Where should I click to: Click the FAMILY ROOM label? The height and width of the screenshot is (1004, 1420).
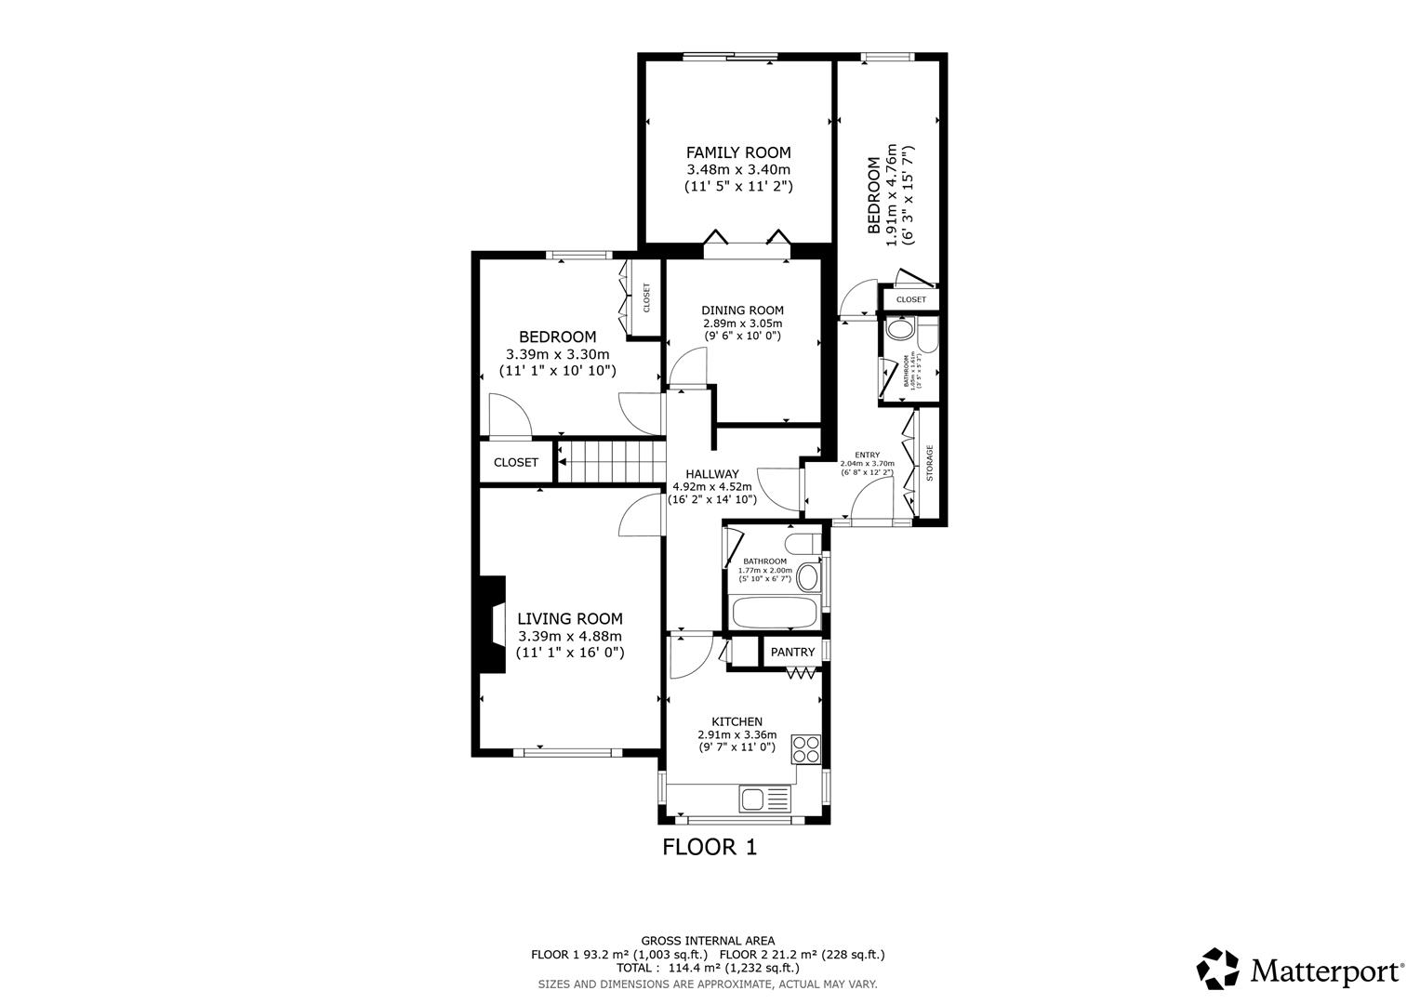738,152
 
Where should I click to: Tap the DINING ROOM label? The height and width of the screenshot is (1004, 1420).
742,310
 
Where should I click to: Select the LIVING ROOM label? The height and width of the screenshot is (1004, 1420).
569,619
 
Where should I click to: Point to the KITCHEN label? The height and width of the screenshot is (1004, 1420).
737,722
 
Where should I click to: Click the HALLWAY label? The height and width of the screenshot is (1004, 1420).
711,474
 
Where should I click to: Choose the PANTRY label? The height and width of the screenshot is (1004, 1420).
792,653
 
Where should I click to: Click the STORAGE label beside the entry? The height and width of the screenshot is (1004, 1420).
928,462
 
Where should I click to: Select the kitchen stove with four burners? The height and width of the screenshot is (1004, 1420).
805,747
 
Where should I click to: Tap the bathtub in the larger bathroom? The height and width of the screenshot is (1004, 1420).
774,614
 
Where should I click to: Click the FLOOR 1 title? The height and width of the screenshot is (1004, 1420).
710,847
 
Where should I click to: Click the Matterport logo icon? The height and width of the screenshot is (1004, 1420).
1217,970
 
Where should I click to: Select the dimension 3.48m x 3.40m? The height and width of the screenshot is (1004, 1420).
738,169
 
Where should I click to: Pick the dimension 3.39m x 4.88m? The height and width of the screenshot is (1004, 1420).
569,636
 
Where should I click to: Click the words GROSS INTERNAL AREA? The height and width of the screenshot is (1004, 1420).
708,941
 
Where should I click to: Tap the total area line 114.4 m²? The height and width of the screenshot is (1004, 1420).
708,968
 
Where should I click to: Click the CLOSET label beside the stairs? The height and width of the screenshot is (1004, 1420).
516,462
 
